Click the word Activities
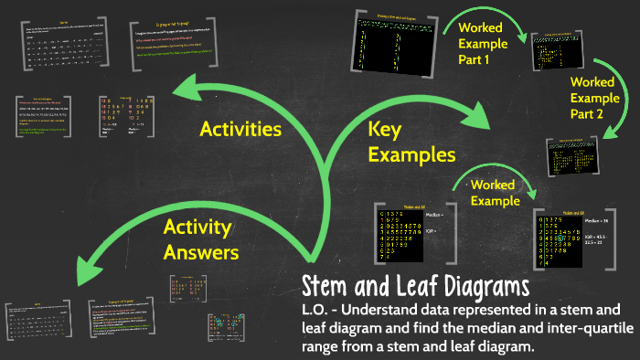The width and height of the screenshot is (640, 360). (240, 129)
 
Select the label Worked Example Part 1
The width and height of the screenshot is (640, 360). (486, 42)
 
